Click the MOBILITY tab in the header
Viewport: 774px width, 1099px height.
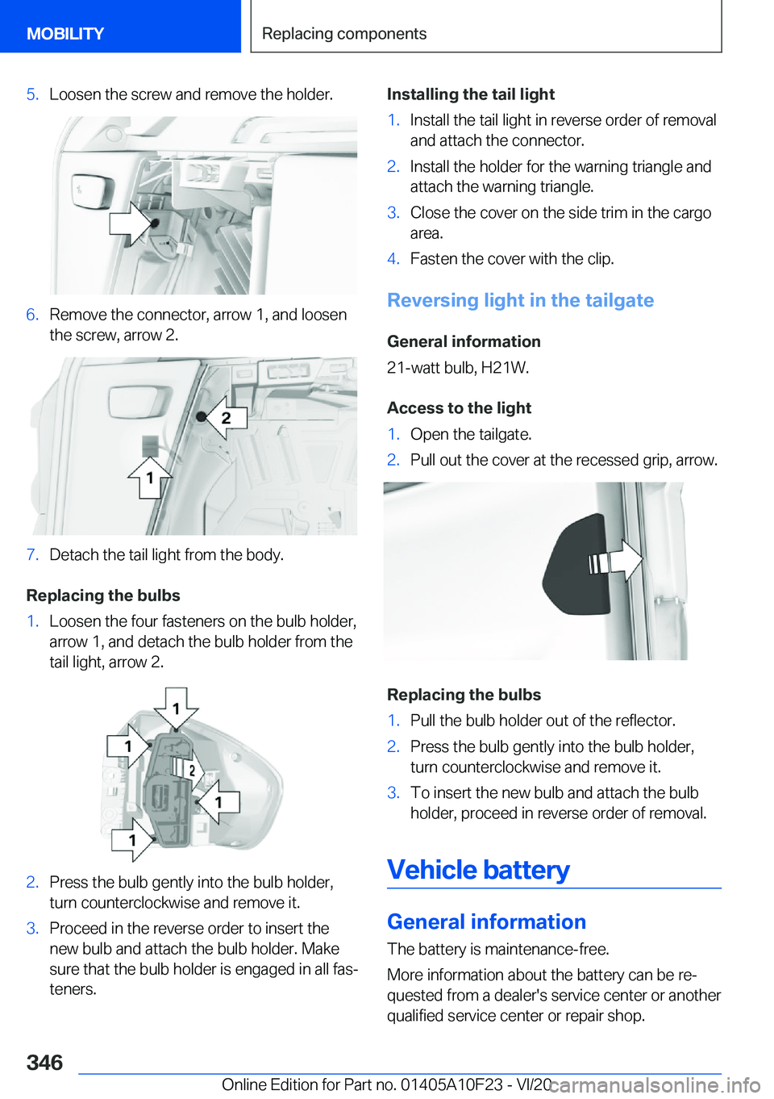pyautogui.click(x=65, y=34)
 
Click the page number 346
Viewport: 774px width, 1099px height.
pyautogui.click(x=44, y=1062)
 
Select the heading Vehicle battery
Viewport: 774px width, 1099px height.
pyautogui.click(x=478, y=870)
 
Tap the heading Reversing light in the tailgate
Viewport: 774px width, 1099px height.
pyautogui.click(x=520, y=300)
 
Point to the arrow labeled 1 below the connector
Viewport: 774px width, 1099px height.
pyautogui.click(x=149, y=478)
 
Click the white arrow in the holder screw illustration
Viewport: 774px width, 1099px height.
pyautogui.click(x=130, y=223)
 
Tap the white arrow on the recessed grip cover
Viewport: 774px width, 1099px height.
pyautogui.click(x=623, y=560)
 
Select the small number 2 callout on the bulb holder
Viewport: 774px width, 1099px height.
pyautogui.click(x=191, y=770)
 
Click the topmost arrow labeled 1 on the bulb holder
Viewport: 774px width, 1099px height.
pyautogui.click(x=177, y=708)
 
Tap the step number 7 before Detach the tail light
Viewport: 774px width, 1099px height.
pyautogui.click(x=32, y=555)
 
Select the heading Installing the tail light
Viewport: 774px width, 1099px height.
pyautogui.click(x=471, y=94)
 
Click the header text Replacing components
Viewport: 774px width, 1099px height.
pyautogui.click(x=344, y=34)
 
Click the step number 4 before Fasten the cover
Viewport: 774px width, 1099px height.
pyautogui.click(x=393, y=259)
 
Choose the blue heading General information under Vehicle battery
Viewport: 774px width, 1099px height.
pyautogui.click(x=486, y=921)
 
